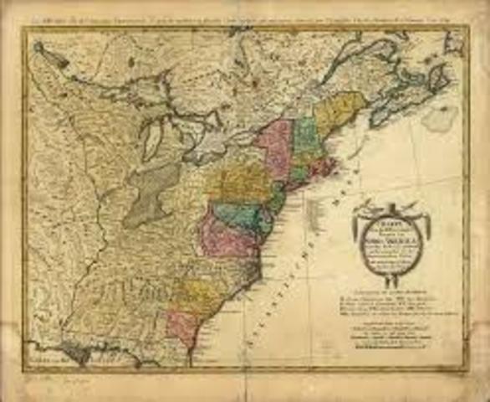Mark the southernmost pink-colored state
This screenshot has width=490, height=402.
tap(182, 322)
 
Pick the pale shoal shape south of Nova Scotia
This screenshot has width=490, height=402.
tap(440, 117)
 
